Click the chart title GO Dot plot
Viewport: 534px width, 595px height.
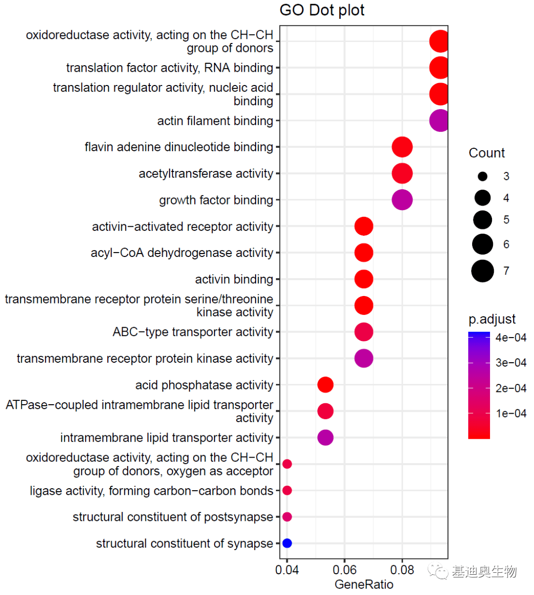(322, 10)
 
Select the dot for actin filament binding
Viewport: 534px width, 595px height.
(439, 121)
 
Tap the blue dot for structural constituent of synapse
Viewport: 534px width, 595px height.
(287, 543)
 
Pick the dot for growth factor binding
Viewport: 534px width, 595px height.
(402, 200)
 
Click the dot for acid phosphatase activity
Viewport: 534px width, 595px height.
(325, 384)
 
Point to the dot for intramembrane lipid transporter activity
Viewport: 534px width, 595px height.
(325, 437)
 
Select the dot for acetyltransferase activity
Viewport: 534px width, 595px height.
(402, 173)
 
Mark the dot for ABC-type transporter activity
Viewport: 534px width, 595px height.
(363, 332)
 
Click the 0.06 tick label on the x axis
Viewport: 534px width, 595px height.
(345, 570)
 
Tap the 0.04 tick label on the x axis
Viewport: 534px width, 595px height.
(287, 570)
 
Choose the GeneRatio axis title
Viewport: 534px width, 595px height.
(364, 584)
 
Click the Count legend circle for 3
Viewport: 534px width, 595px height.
(483, 176)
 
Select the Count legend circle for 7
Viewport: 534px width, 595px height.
(483, 271)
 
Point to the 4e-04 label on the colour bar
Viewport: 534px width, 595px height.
(511, 338)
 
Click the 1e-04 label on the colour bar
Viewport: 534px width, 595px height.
(511, 413)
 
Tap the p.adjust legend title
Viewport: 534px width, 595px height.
(492, 319)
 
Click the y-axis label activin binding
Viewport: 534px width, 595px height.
(234, 279)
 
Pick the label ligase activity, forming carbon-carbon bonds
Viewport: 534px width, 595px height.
(151, 491)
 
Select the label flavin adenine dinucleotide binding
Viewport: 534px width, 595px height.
(178, 147)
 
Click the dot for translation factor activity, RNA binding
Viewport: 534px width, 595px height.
(439, 68)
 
